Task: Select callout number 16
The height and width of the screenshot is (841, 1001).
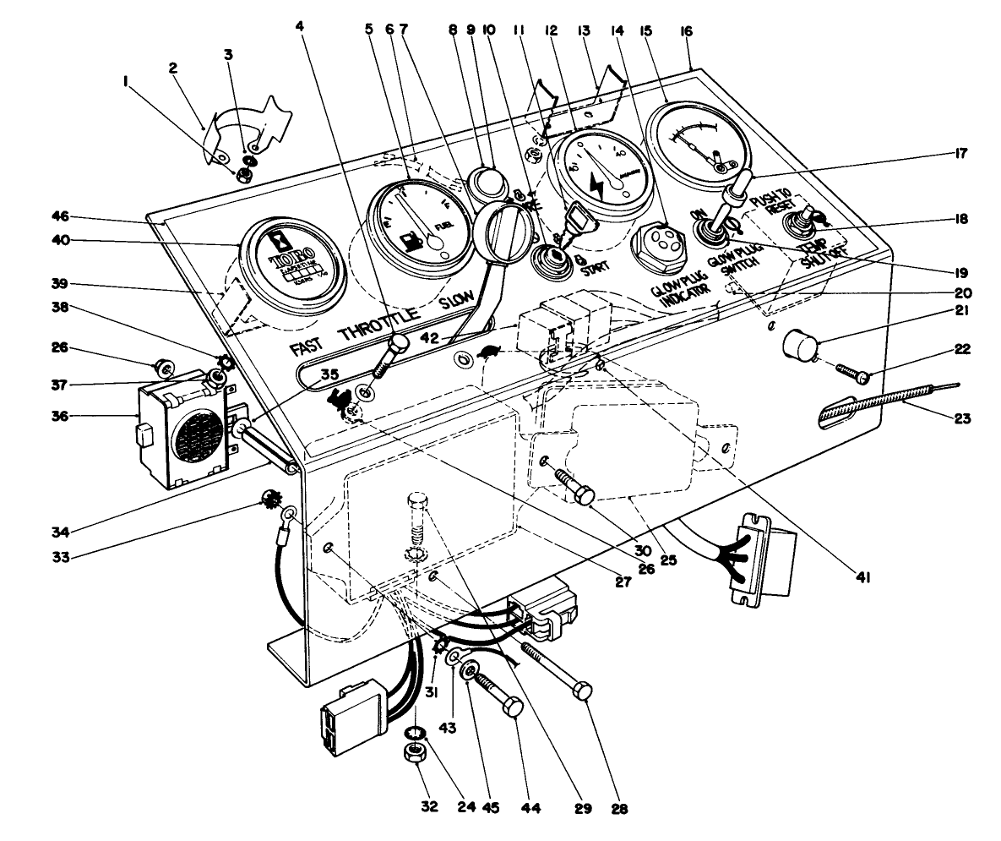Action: click(x=685, y=30)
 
